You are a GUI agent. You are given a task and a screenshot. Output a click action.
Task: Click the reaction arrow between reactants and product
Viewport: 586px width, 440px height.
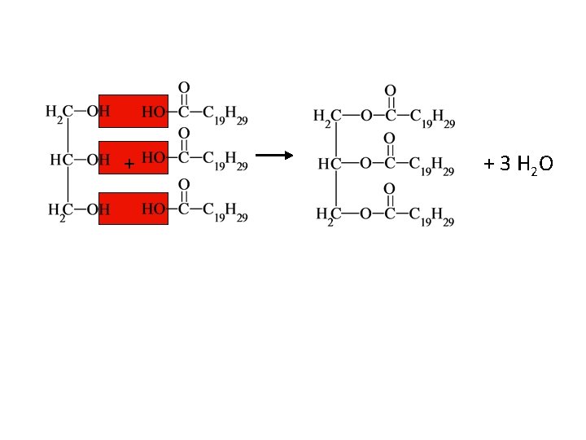(273, 154)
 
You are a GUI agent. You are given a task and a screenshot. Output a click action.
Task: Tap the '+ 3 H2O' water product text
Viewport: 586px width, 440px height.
(518, 164)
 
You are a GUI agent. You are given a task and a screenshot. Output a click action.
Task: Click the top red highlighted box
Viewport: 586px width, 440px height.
(133, 111)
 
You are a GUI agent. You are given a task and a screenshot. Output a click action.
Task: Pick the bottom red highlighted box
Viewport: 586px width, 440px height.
(133, 208)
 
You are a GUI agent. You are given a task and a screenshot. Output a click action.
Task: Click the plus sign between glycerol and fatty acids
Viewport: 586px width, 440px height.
(128, 165)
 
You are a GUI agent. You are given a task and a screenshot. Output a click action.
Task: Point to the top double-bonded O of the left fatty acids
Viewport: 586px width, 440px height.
(185, 86)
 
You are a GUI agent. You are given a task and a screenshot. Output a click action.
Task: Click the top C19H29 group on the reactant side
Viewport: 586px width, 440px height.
(225, 115)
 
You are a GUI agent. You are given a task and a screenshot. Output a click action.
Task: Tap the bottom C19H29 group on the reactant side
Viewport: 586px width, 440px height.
(225, 213)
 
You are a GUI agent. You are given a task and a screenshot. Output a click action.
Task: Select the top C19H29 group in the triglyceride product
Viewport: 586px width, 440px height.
(432, 118)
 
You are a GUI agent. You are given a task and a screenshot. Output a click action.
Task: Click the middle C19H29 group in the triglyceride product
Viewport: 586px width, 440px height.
(432, 166)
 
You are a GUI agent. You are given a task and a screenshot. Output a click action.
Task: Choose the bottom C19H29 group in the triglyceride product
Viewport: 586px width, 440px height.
(432, 216)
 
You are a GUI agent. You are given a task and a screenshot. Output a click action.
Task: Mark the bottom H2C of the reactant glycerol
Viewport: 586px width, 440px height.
(59, 211)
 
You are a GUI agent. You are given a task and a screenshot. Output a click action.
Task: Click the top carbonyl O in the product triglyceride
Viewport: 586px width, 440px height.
(391, 90)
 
